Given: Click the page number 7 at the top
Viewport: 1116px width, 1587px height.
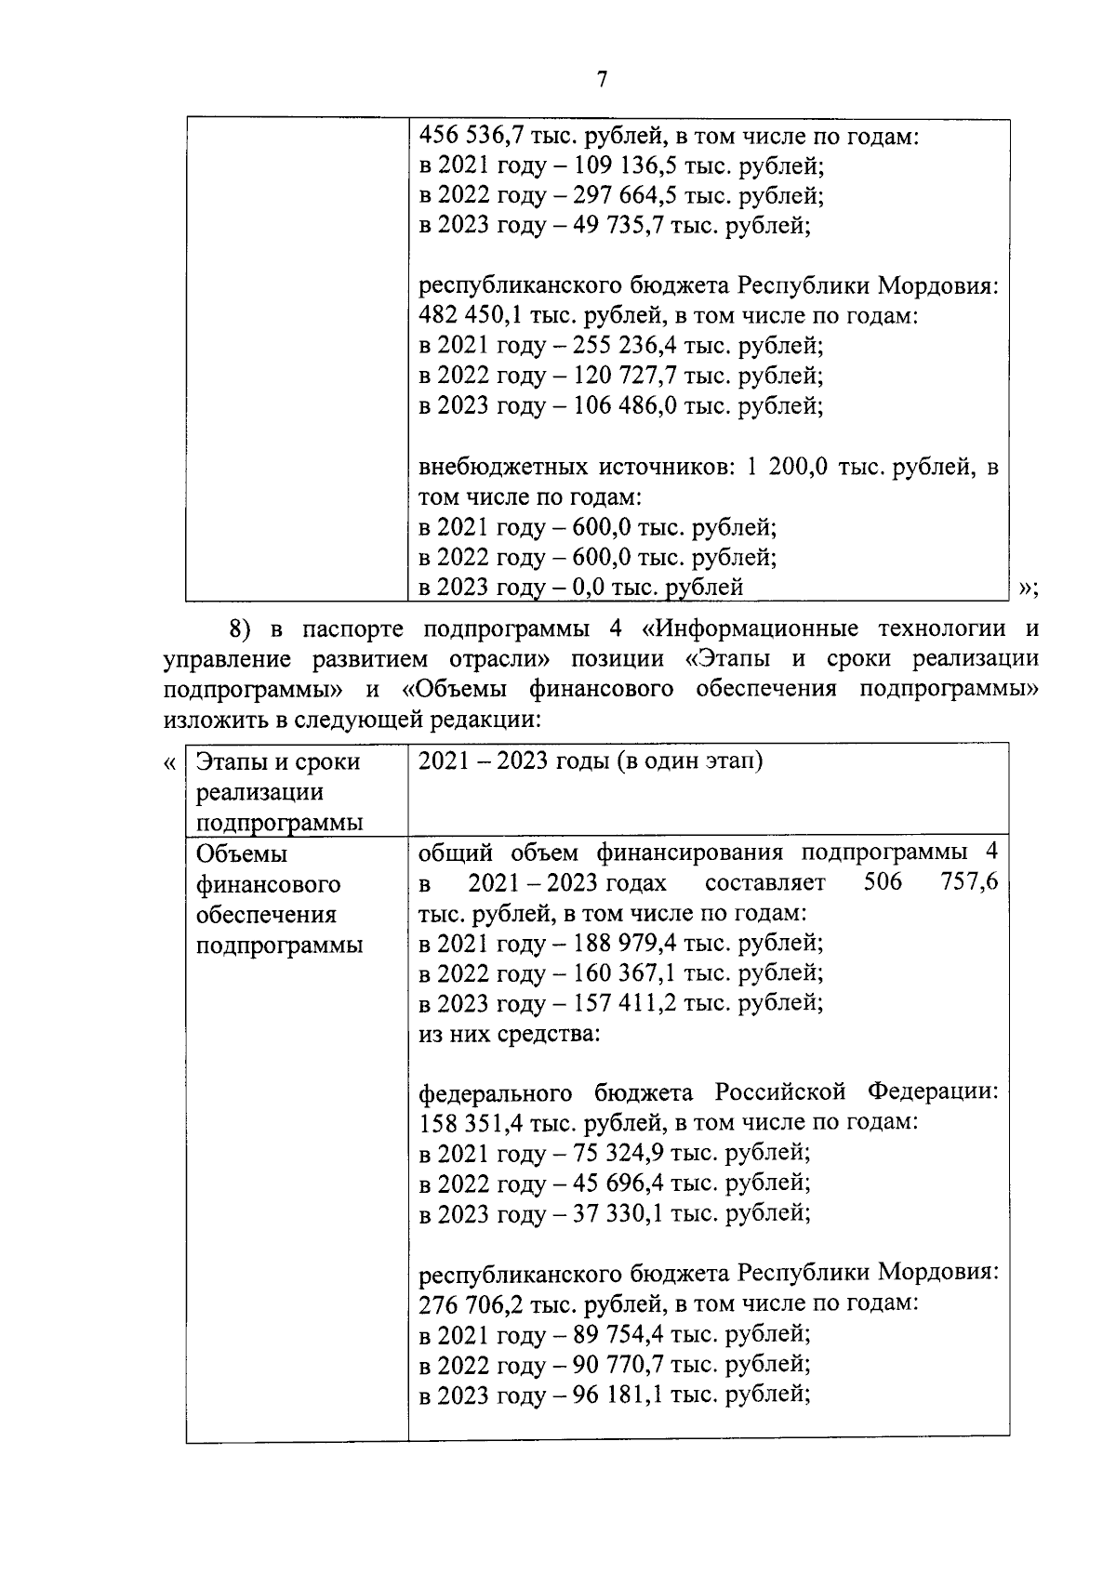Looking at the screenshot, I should (x=601, y=81).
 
